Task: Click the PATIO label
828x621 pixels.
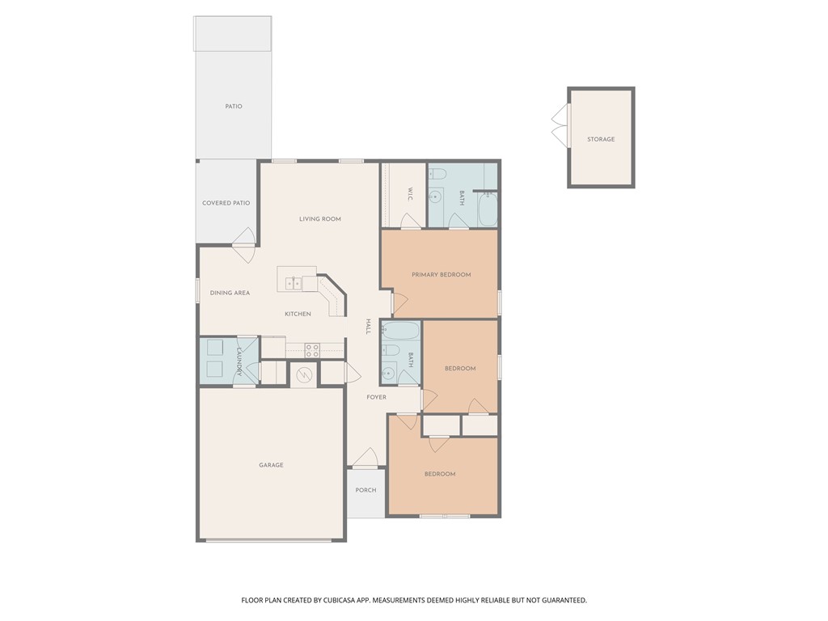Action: coord(234,107)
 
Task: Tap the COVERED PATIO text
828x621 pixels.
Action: coord(226,203)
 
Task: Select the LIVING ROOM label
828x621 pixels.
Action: coord(320,219)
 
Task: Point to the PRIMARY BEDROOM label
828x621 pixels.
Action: coord(441,275)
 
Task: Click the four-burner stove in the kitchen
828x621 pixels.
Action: coord(312,350)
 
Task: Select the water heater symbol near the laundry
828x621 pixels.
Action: coord(304,374)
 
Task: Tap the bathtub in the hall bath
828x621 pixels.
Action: coord(400,331)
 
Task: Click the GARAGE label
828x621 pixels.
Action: coord(271,466)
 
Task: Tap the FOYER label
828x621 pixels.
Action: coord(376,398)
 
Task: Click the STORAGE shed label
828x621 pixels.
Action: coord(601,140)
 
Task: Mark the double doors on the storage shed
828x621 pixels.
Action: coord(560,126)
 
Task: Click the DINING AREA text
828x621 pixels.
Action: coord(230,293)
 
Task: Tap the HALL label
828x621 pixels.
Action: coord(368,326)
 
